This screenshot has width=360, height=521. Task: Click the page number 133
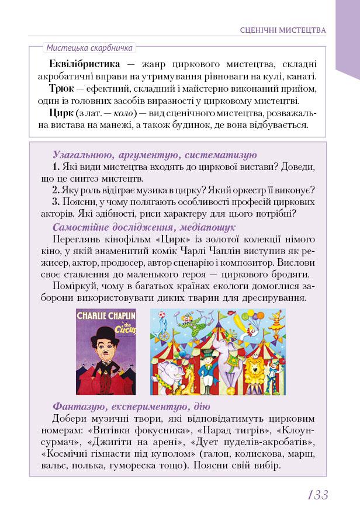(x=318, y=495)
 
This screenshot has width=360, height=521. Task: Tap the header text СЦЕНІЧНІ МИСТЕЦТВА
(x=283, y=30)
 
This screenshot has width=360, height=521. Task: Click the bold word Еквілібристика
(x=85, y=64)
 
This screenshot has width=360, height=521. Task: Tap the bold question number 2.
(x=55, y=190)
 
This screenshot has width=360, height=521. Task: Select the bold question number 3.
(x=55, y=202)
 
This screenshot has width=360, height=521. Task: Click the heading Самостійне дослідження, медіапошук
(x=144, y=227)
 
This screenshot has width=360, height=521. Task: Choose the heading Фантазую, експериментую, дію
(x=131, y=407)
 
